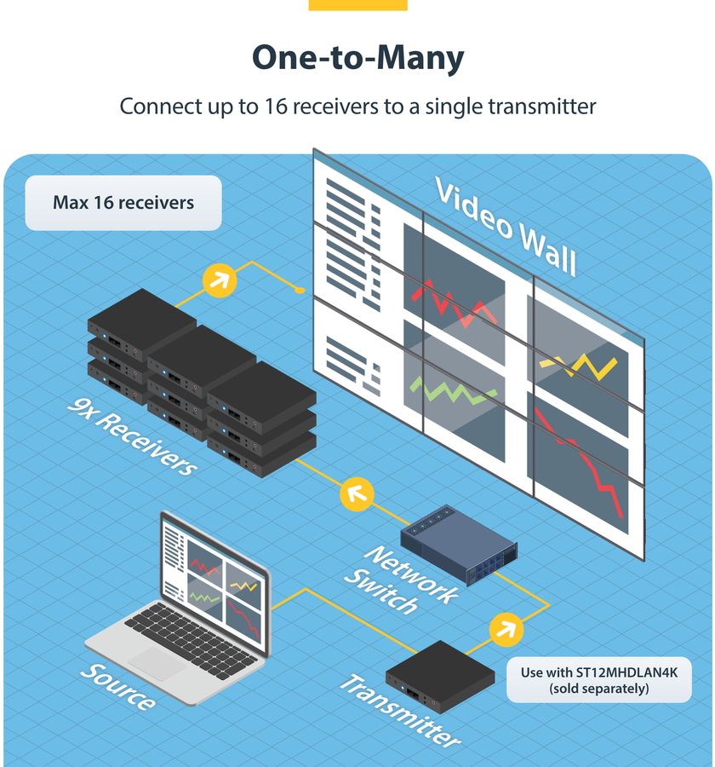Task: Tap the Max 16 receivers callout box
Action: click(x=123, y=203)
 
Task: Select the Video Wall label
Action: click(x=506, y=226)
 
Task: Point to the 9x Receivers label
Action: click(x=132, y=438)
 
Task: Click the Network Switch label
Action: click(x=399, y=579)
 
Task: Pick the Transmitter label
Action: click(x=400, y=712)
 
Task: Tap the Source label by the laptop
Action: click(x=119, y=687)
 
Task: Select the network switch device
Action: click(x=460, y=545)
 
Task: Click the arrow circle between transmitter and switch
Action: click(x=506, y=629)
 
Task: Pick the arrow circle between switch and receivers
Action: click(x=356, y=493)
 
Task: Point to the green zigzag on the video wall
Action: click(x=451, y=391)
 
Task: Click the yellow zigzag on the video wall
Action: click(x=579, y=366)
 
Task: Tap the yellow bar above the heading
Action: click(x=357, y=5)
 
